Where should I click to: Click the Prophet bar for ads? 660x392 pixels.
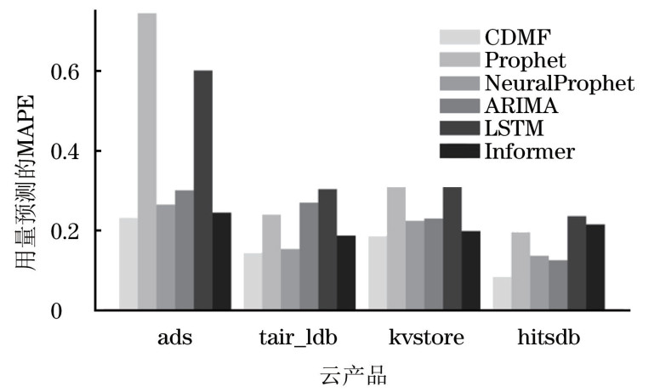[x=147, y=162]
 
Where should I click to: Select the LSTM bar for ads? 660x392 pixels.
[x=202, y=190]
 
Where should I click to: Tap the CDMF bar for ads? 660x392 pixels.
[x=128, y=264]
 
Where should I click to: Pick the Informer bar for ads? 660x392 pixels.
[x=221, y=261]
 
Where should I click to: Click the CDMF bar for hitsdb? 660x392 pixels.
[x=502, y=293]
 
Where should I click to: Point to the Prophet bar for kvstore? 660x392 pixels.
[x=395, y=248]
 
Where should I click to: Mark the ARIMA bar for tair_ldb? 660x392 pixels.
[x=309, y=256]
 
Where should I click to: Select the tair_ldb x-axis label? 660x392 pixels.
[x=299, y=338]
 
